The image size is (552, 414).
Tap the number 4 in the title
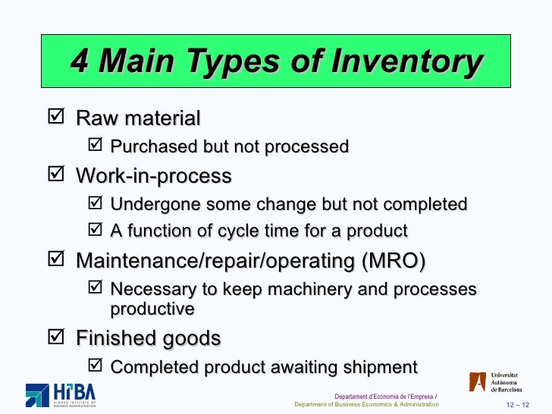80,61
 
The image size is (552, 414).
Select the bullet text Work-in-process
153,177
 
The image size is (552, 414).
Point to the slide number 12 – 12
519,404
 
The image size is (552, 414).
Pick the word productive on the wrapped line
152,309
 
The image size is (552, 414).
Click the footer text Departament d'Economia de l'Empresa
384,396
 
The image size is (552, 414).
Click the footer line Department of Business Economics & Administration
366,404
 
